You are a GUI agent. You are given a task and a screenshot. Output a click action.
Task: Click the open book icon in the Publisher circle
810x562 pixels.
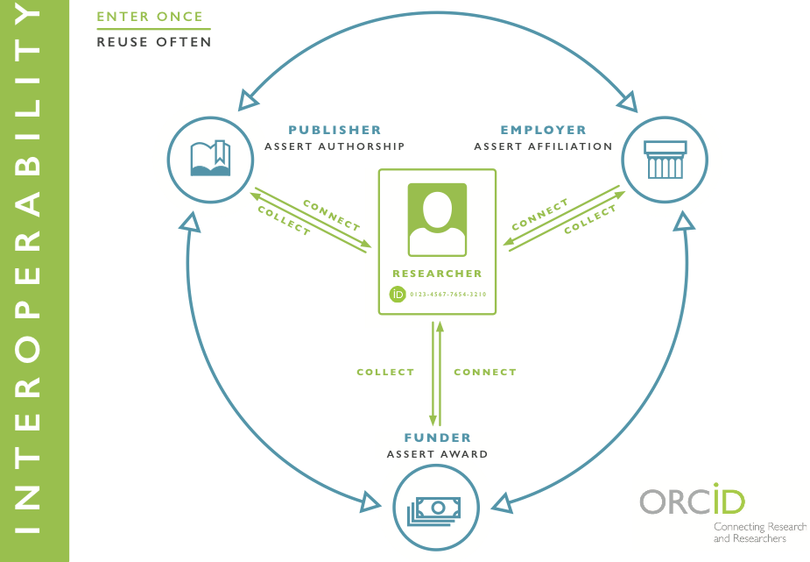pos(210,159)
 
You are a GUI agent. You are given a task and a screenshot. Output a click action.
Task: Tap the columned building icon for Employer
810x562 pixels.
pos(665,160)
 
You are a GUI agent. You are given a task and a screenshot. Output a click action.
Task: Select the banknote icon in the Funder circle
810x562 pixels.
pos(437,509)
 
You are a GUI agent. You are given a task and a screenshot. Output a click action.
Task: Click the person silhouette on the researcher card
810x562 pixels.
pos(437,218)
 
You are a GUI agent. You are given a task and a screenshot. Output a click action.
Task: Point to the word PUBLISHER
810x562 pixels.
pos(335,131)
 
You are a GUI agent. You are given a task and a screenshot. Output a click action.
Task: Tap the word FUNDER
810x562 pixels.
pos(437,438)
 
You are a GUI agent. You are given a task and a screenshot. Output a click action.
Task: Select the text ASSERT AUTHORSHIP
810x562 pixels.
pos(335,146)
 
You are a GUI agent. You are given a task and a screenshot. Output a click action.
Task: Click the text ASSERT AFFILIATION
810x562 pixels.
pos(543,146)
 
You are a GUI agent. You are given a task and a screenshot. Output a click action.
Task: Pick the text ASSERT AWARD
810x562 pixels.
pos(437,454)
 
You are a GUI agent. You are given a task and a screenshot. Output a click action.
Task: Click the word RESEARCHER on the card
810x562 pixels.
pos(437,274)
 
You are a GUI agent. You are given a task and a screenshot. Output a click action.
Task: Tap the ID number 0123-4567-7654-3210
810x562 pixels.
pos(447,295)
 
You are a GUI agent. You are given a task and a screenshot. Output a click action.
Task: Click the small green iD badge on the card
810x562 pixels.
pos(397,295)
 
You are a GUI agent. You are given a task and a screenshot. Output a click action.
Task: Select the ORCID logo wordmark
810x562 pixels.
pos(692,502)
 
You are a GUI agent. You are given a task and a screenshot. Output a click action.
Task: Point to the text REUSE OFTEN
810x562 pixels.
pos(153,41)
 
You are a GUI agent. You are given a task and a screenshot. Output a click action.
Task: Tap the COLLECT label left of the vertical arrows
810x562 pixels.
pos(385,372)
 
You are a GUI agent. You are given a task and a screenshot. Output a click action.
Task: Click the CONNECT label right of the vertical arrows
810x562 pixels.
pos(485,372)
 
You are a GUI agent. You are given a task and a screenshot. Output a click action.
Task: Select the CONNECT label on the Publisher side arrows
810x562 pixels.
pos(331,215)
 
